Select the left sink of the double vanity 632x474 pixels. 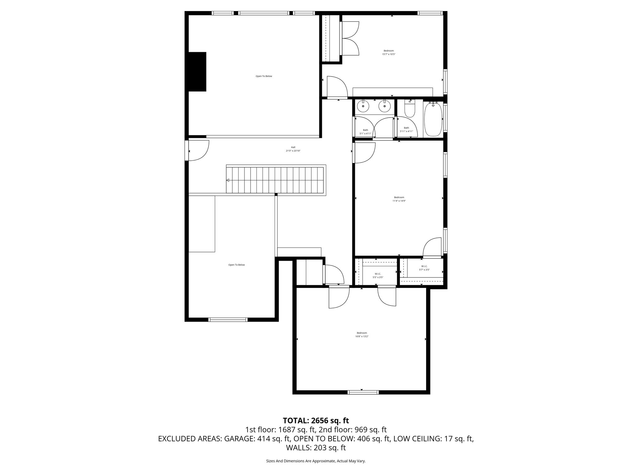tap(364, 107)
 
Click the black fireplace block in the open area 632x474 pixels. tap(197, 72)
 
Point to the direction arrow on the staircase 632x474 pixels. tap(228, 180)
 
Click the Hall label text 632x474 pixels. tap(293, 147)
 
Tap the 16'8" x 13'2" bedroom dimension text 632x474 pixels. tap(362, 336)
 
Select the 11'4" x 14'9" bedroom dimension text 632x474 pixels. tap(399, 201)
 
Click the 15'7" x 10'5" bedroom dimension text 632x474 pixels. tap(389, 54)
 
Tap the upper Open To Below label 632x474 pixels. tap(264, 76)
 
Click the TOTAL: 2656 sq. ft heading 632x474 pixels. tap(316, 421)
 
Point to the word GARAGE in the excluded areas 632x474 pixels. tap(239, 439)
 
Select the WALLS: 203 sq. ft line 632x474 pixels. tap(316, 448)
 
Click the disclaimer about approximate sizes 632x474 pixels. tap(316, 461)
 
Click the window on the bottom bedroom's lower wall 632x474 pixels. tap(363, 392)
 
